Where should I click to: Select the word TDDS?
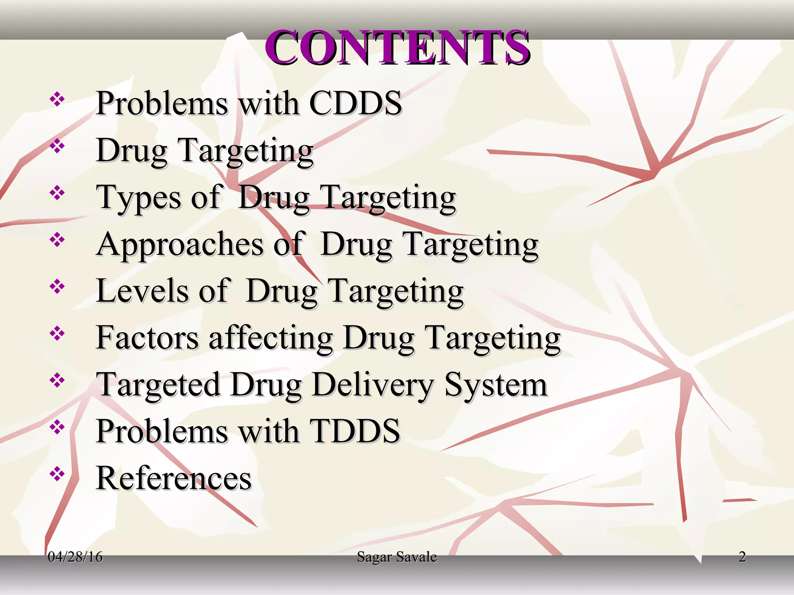pos(355,431)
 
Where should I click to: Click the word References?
pos(174,478)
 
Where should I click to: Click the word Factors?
pos(147,338)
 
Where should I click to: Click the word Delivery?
pos(373,385)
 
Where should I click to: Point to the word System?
pos(495,385)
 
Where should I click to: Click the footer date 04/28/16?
pos(75,557)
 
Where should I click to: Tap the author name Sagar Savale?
pos(397,557)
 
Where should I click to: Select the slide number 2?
pos(742,557)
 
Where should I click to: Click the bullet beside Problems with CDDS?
pos(57,100)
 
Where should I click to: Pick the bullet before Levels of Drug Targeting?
pos(57,287)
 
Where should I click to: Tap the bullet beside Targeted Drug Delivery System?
pos(57,380)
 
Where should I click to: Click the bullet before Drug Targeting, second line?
pos(57,146)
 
